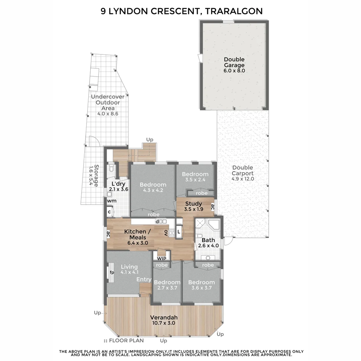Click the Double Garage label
pos(234,62)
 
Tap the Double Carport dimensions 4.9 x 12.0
pos(243,179)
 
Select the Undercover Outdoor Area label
pos(108,103)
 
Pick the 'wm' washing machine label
pos(112,201)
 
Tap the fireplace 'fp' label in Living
pos(112,273)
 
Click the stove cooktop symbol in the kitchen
pos(172,233)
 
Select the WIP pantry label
pos(161,258)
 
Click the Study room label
pos(194,204)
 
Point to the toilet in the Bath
pos(199,236)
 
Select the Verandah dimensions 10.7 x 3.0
pos(164,323)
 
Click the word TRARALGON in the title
pos(233,11)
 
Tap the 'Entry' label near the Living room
pos(144,279)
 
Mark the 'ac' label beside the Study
pos(213,207)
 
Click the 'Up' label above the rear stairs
pos(150,140)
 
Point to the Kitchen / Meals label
pos(138,234)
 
